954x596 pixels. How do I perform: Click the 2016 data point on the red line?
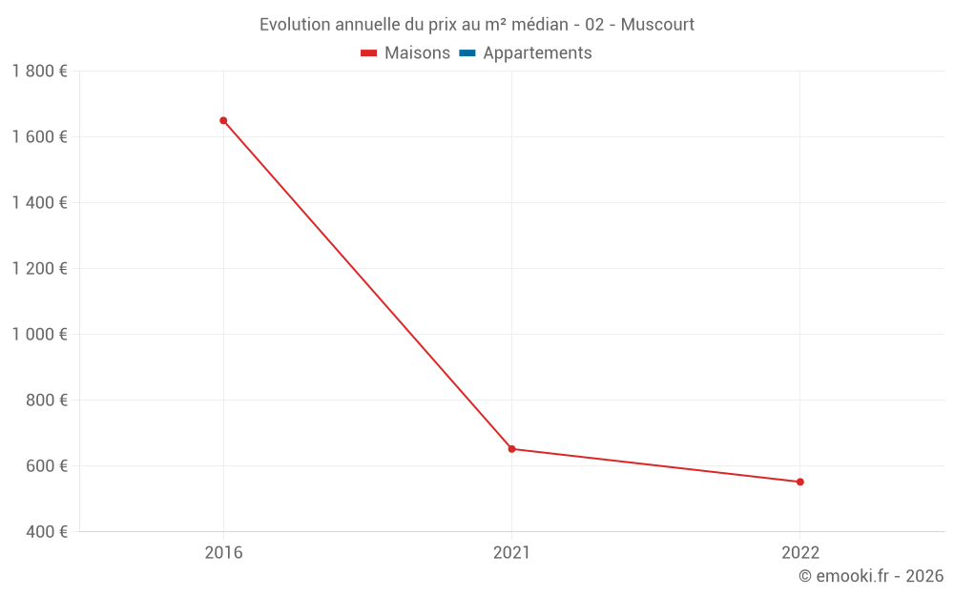click(223, 120)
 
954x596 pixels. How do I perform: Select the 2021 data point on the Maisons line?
click(511, 448)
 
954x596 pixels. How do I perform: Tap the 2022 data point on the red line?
click(799, 482)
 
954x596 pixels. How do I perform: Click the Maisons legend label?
click(417, 53)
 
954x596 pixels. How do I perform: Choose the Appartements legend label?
click(537, 53)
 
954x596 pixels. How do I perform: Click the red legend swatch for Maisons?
click(369, 53)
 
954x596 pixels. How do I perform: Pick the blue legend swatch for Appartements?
click(467, 53)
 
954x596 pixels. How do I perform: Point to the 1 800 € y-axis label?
click(39, 72)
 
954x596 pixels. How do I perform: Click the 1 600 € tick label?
click(39, 137)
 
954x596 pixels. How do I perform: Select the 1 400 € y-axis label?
click(39, 203)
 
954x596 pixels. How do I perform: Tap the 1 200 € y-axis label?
click(39, 269)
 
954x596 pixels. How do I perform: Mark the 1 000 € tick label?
click(39, 335)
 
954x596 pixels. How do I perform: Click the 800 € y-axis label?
click(46, 401)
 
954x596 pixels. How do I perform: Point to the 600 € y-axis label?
click(46, 466)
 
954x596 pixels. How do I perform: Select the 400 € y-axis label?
click(46, 532)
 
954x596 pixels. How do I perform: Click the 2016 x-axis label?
click(223, 553)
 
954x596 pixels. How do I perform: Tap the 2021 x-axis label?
click(511, 553)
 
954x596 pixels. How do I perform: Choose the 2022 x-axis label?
click(799, 553)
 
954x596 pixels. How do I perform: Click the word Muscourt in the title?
click(657, 24)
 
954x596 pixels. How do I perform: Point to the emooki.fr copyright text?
click(870, 576)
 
